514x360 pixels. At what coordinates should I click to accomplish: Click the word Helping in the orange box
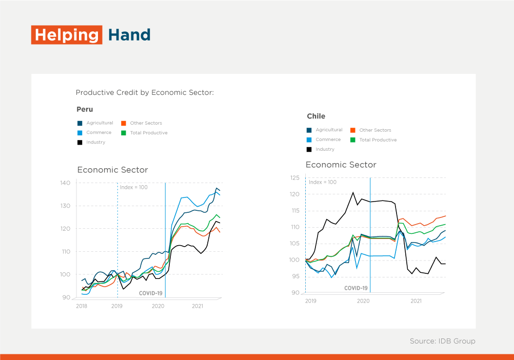(67, 35)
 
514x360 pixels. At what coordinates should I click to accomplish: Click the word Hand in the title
(129, 35)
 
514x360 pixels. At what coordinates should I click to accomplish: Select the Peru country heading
(85, 109)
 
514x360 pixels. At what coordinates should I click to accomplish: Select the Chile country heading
(316, 116)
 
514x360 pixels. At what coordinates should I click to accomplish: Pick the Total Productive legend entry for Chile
(378, 140)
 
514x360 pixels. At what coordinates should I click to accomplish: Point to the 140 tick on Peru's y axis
(65, 183)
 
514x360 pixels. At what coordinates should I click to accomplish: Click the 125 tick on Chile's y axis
(295, 178)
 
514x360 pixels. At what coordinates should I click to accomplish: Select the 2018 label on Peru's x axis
(82, 306)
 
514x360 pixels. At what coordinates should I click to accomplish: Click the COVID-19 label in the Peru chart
(151, 293)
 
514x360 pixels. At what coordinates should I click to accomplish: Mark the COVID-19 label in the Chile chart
(355, 288)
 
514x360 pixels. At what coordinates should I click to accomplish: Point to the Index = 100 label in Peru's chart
(133, 187)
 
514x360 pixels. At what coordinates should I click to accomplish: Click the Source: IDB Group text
(442, 341)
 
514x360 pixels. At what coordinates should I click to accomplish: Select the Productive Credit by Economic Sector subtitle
(144, 93)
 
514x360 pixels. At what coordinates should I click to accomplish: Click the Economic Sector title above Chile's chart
(341, 165)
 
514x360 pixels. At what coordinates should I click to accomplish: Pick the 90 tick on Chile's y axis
(296, 293)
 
